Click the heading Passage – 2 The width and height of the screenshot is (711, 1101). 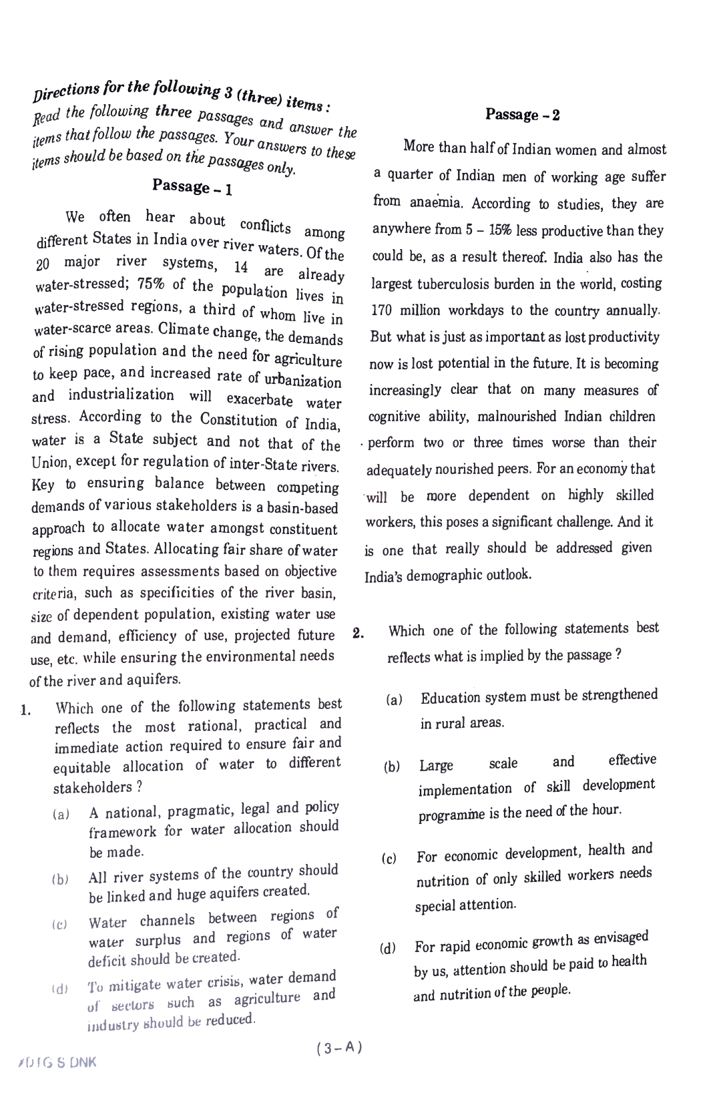pyautogui.click(x=523, y=114)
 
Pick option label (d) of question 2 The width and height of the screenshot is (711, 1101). pyautogui.click(x=387, y=948)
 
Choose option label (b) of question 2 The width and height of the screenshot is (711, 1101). pyautogui.click(x=392, y=767)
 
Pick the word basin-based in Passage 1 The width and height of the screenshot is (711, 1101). pyautogui.click(x=304, y=508)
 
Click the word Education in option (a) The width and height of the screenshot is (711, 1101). pyautogui.click(x=451, y=698)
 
